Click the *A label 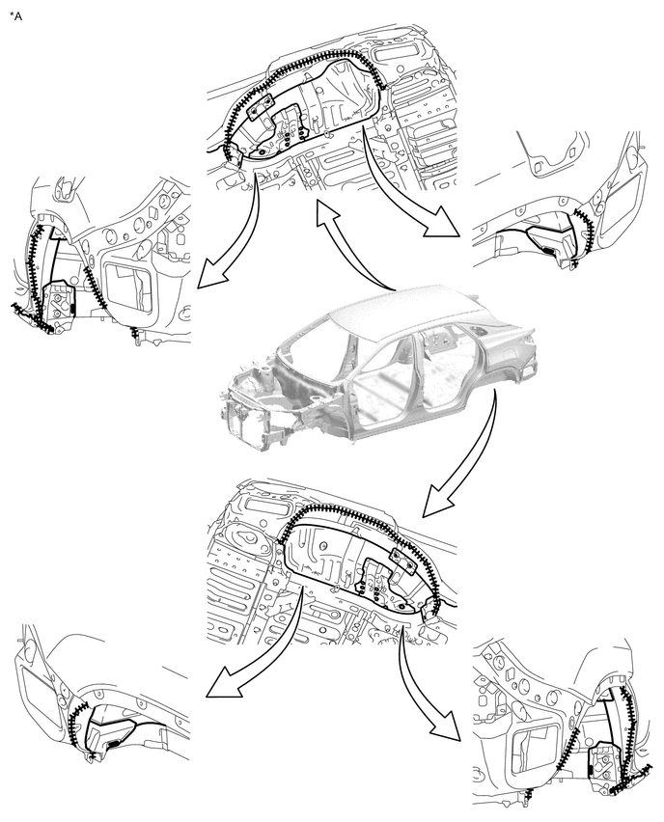[16, 16]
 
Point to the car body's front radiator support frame [245, 420]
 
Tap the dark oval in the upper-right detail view [548, 251]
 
